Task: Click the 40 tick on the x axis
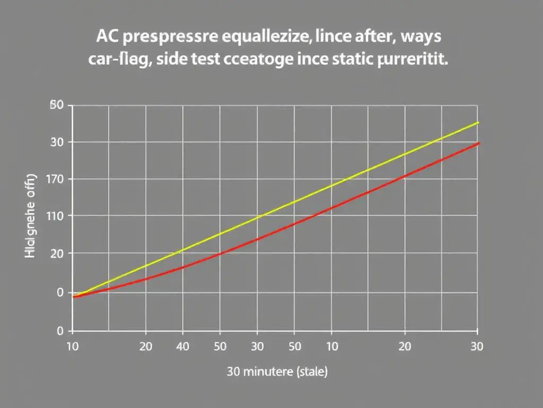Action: (x=182, y=346)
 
